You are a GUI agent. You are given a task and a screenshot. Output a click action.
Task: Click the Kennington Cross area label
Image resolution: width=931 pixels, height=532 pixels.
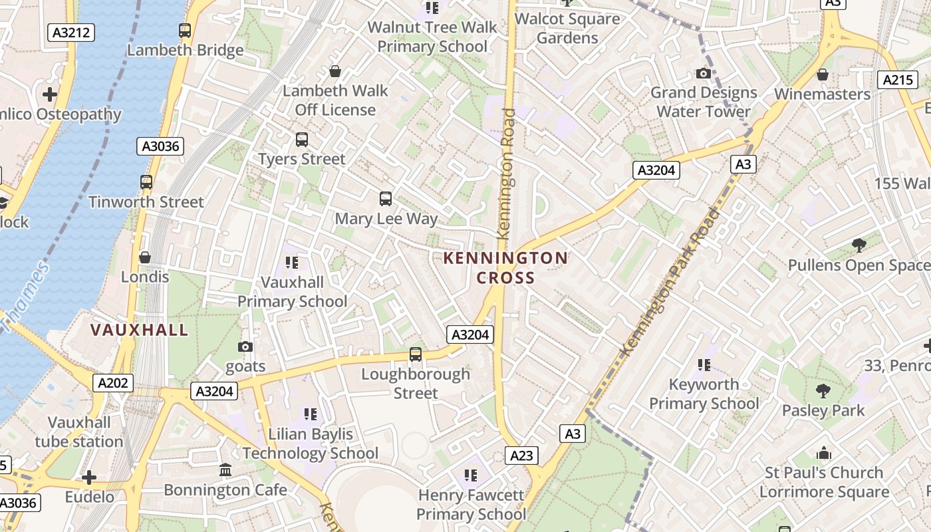(x=505, y=267)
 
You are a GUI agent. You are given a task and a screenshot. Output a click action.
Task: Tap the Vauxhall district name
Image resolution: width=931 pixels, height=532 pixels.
(x=139, y=330)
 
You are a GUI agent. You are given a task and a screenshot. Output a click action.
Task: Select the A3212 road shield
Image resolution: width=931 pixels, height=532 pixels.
(x=71, y=32)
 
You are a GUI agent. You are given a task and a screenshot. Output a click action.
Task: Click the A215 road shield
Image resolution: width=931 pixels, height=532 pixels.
(x=897, y=80)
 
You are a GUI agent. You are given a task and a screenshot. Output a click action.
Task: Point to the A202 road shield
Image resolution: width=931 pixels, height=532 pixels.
(x=114, y=383)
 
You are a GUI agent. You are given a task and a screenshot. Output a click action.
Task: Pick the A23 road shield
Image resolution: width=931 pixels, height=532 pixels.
(x=521, y=455)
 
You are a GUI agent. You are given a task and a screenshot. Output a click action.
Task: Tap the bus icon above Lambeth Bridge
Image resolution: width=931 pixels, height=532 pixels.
(x=185, y=30)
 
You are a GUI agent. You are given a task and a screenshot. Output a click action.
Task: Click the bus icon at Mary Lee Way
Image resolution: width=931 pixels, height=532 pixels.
(x=386, y=198)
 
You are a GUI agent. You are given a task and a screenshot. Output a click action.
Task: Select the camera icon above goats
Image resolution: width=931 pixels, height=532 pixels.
(x=245, y=346)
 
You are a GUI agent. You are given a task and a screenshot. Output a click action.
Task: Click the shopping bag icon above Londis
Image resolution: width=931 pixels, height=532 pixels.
(x=145, y=257)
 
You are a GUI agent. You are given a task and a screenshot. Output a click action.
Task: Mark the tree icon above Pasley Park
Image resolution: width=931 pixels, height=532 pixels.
(x=823, y=390)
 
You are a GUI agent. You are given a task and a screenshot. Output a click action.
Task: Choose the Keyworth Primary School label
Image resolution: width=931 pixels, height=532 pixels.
(x=704, y=394)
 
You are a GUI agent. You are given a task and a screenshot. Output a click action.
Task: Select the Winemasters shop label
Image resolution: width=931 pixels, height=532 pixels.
(x=822, y=94)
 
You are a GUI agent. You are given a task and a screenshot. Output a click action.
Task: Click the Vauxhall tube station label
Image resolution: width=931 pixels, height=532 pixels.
(x=79, y=432)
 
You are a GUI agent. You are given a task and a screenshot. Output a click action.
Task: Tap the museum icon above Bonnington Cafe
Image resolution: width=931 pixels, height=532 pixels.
(x=225, y=470)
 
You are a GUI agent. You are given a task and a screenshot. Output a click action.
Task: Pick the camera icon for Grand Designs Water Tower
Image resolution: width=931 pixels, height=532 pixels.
(x=704, y=73)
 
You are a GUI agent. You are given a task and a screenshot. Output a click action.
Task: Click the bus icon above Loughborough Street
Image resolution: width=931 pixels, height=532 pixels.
(x=416, y=354)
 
